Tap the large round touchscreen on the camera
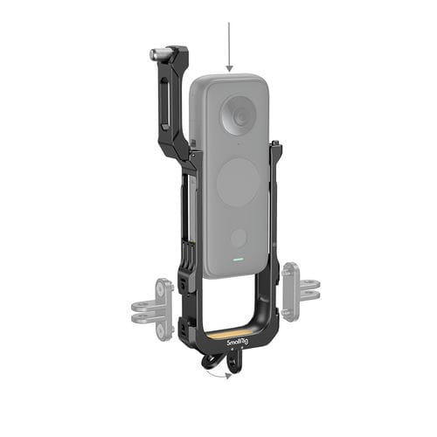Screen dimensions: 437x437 click(237, 183)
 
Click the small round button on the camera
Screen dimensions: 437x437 click(238, 237)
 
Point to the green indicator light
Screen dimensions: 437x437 click(236, 260)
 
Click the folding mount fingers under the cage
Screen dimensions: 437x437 click(213, 358)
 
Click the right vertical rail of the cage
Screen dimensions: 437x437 click(274, 218)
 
